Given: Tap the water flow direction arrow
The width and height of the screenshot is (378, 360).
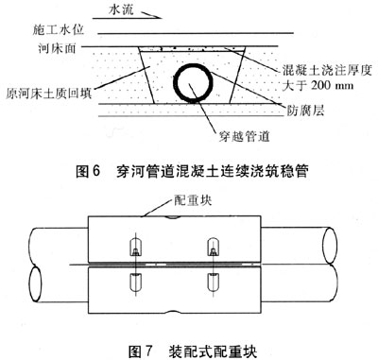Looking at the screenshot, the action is click(x=152, y=15).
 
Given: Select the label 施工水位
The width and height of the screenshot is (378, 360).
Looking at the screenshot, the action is click(x=59, y=30).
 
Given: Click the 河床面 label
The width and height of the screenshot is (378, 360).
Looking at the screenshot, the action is click(x=57, y=48).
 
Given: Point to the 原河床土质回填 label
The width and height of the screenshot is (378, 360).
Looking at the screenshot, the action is click(x=49, y=94).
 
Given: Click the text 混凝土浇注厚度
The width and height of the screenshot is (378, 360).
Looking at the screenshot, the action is click(x=327, y=71).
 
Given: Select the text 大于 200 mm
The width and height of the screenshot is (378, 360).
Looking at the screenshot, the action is click(x=318, y=85).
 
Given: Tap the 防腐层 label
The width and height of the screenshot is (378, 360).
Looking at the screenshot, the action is click(x=305, y=110).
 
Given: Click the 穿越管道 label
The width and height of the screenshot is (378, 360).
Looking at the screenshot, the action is click(x=244, y=136).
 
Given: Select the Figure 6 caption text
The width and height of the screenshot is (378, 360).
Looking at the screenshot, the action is click(x=192, y=171).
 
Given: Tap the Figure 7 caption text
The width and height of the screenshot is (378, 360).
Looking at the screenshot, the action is click(x=193, y=351).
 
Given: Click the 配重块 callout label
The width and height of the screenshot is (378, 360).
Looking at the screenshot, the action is click(x=193, y=201).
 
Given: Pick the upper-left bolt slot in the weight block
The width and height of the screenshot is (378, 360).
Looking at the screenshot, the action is click(x=135, y=247).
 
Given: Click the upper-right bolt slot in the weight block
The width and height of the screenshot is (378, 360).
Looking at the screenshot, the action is click(x=214, y=247).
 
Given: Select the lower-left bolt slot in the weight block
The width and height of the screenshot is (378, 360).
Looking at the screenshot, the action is click(x=135, y=283).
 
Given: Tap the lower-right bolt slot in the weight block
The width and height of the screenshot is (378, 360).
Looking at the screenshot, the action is click(x=214, y=283).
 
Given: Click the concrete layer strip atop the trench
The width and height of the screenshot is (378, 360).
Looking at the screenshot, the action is click(x=192, y=50).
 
